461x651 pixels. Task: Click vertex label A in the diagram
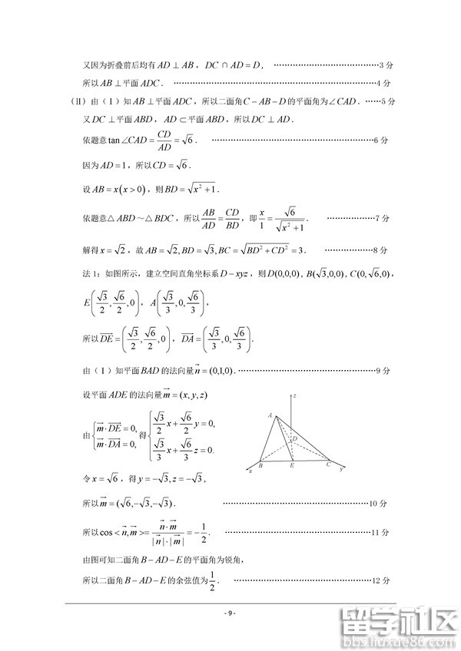pyautogui.click(x=270, y=415)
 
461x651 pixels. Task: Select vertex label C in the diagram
pyautogui.click(x=328, y=464)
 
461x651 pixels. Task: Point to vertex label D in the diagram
pyautogui.click(x=295, y=438)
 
